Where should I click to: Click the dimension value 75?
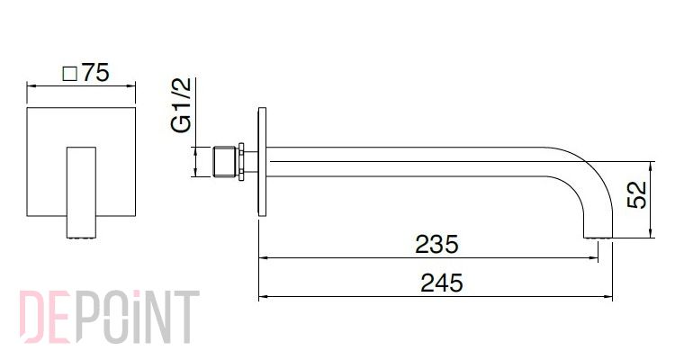(x=96, y=72)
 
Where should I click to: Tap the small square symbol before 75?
(x=69, y=74)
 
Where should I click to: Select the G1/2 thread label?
(x=181, y=104)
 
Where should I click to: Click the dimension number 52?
(x=637, y=194)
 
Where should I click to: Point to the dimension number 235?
(x=436, y=245)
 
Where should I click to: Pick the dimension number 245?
(x=442, y=283)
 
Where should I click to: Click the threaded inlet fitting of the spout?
(x=225, y=161)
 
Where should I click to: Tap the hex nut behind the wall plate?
(x=241, y=161)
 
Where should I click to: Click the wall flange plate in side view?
(x=262, y=161)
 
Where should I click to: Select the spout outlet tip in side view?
(x=598, y=235)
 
